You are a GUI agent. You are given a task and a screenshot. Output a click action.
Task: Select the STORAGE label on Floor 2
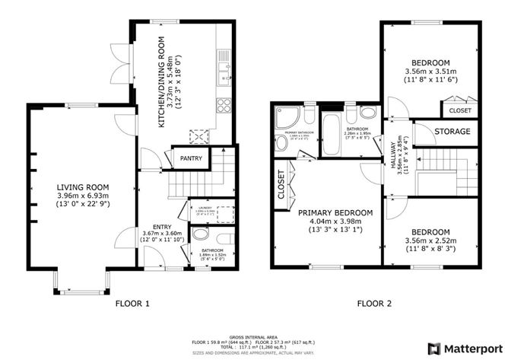coord(452,132)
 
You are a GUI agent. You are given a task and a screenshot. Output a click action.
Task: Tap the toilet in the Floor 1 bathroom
coord(199,234)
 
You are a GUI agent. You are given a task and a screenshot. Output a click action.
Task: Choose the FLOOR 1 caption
coord(132,304)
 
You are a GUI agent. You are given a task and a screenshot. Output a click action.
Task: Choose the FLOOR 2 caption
coord(374,304)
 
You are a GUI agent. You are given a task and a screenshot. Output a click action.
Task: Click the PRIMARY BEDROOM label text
coord(335,212)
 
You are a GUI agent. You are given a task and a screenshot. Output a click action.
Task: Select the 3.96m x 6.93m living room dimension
coord(81,196)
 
